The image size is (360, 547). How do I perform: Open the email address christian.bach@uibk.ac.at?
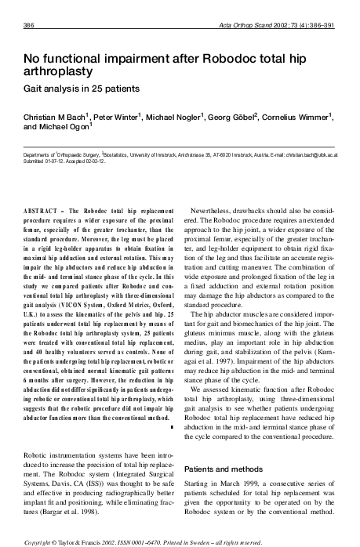click(310, 155)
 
